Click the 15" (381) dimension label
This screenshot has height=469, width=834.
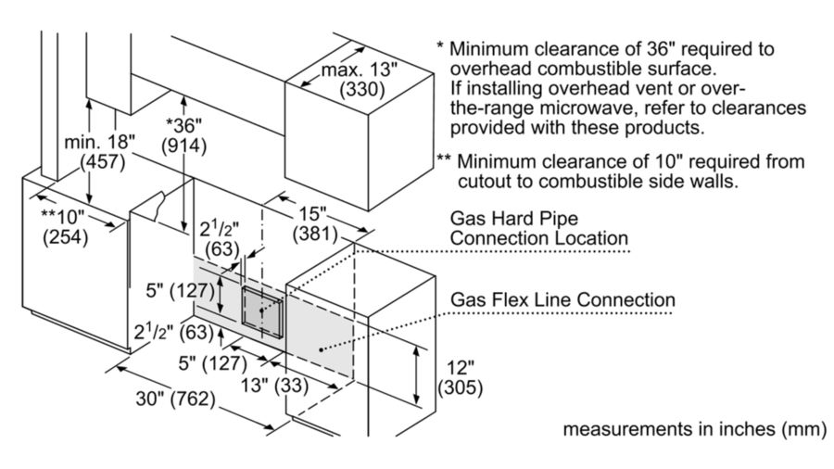(315, 223)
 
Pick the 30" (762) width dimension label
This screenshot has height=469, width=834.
(175, 399)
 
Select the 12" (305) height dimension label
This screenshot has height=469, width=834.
(460, 377)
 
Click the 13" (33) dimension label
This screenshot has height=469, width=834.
(274, 385)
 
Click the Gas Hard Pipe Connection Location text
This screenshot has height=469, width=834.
(538, 228)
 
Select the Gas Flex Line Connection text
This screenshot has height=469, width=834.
(562, 299)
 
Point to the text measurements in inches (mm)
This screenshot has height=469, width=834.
(695, 428)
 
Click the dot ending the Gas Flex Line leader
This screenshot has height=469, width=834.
(321, 349)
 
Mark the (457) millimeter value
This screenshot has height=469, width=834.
(102, 162)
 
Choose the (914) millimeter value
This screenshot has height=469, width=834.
(184, 146)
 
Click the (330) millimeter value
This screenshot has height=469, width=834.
(362, 89)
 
